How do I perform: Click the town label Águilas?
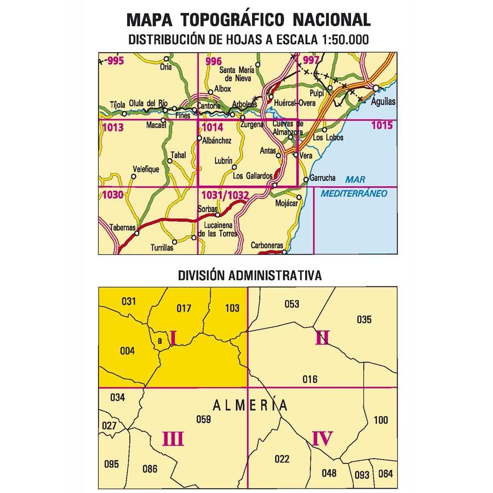point(383,102)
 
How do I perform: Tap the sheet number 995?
point(116,61)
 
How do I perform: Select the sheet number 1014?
point(212,128)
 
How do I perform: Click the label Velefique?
point(146,169)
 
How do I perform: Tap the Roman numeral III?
point(173,439)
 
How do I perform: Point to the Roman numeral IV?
point(322,439)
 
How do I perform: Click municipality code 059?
point(204,420)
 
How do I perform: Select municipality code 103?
point(232,308)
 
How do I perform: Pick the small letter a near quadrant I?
point(159,341)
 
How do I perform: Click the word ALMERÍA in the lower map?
point(250,406)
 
